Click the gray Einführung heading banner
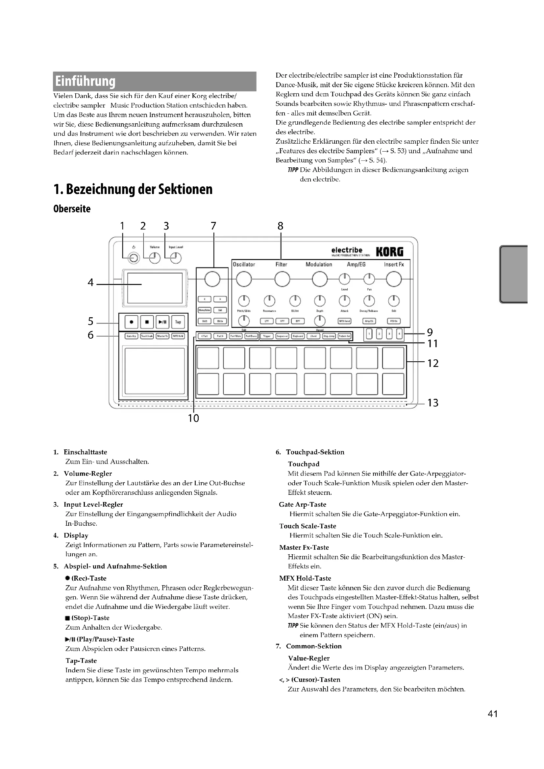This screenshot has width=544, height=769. [x=155, y=82]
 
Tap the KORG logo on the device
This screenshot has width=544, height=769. [x=389, y=252]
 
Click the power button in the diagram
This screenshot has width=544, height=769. [x=134, y=258]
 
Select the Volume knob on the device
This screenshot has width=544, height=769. [x=155, y=258]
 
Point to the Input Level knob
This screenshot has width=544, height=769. [x=176, y=258]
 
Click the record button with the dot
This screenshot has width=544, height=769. [x=131, y=322]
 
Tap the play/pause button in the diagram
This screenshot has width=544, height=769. [x=162, y=322]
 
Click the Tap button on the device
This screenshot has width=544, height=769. [x=178, y=322]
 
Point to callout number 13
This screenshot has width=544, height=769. [x=433, y=403]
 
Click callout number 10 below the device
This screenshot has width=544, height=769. [x=193, y=418]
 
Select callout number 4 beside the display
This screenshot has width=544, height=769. [x=90, y=283]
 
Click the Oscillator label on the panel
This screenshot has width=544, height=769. [x=244, y=265]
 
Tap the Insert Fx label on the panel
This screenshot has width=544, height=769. [x=394, y=265]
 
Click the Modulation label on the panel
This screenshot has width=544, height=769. [x=319, y=265]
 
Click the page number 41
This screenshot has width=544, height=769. [x=493, y=723]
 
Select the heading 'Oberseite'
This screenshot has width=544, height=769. [x=72, y=209]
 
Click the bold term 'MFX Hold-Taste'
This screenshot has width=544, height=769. [x=305, y=578]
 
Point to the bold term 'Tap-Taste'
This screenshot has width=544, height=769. [x=81, y=661]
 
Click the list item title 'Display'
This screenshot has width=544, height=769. [x=76, y=536]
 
